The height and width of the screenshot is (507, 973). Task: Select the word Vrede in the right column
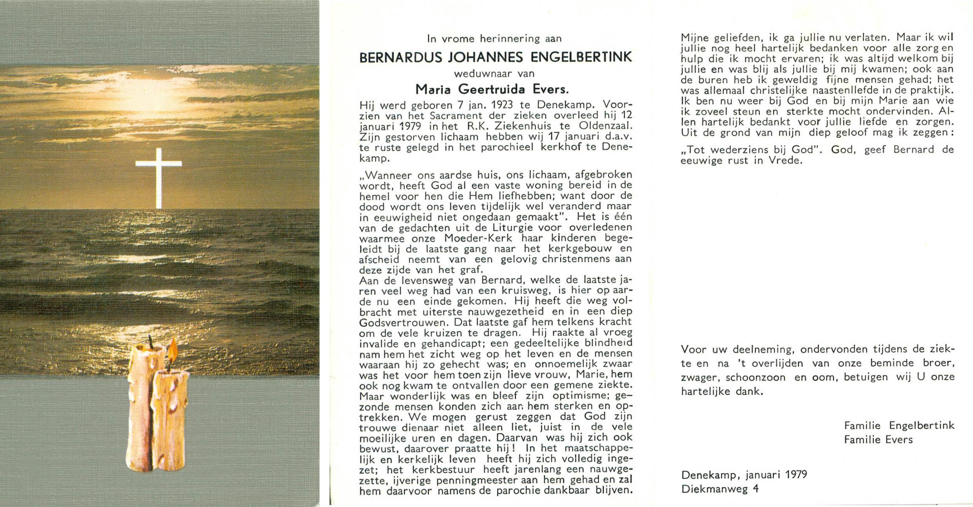pyautogui.click(x=786, y=161)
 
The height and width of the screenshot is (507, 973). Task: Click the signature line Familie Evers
pyautogui.click(x=878, y=440)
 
